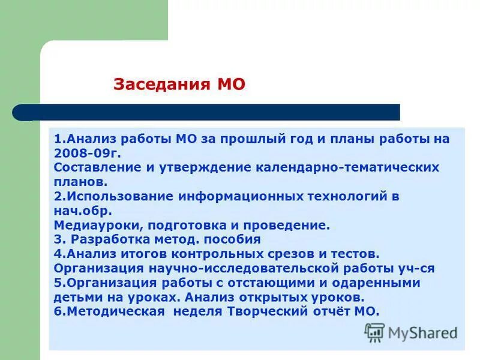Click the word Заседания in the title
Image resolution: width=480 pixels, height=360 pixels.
pyautogui.click(x=157, y=85)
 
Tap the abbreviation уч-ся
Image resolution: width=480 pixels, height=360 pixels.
pyautogui.click(x=415, y=268)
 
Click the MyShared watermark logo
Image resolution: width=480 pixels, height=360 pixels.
pyautogui.click(x=412, y=332)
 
